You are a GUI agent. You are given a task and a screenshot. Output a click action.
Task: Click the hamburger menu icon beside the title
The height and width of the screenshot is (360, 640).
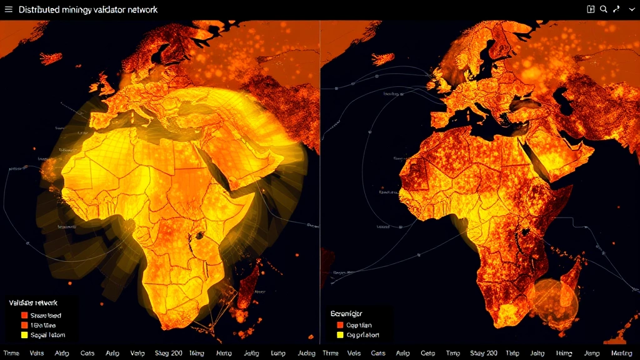point(8,10)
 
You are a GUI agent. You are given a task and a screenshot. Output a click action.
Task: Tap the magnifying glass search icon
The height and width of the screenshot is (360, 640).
point(604,9)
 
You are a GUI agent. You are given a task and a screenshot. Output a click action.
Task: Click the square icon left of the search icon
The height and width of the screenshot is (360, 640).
point(591,9)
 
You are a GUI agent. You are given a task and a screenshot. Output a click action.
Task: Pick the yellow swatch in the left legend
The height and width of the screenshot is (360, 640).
point(24,335)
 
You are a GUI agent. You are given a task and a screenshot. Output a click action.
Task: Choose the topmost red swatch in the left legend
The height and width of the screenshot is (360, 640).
point(24,316)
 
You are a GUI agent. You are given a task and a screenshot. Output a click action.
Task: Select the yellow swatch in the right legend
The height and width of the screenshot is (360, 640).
point(341,335)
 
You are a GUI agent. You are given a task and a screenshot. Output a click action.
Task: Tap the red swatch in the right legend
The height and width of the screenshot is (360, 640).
point(341,325)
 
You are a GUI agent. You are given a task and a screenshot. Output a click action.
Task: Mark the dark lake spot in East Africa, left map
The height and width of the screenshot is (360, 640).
point(201,236)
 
